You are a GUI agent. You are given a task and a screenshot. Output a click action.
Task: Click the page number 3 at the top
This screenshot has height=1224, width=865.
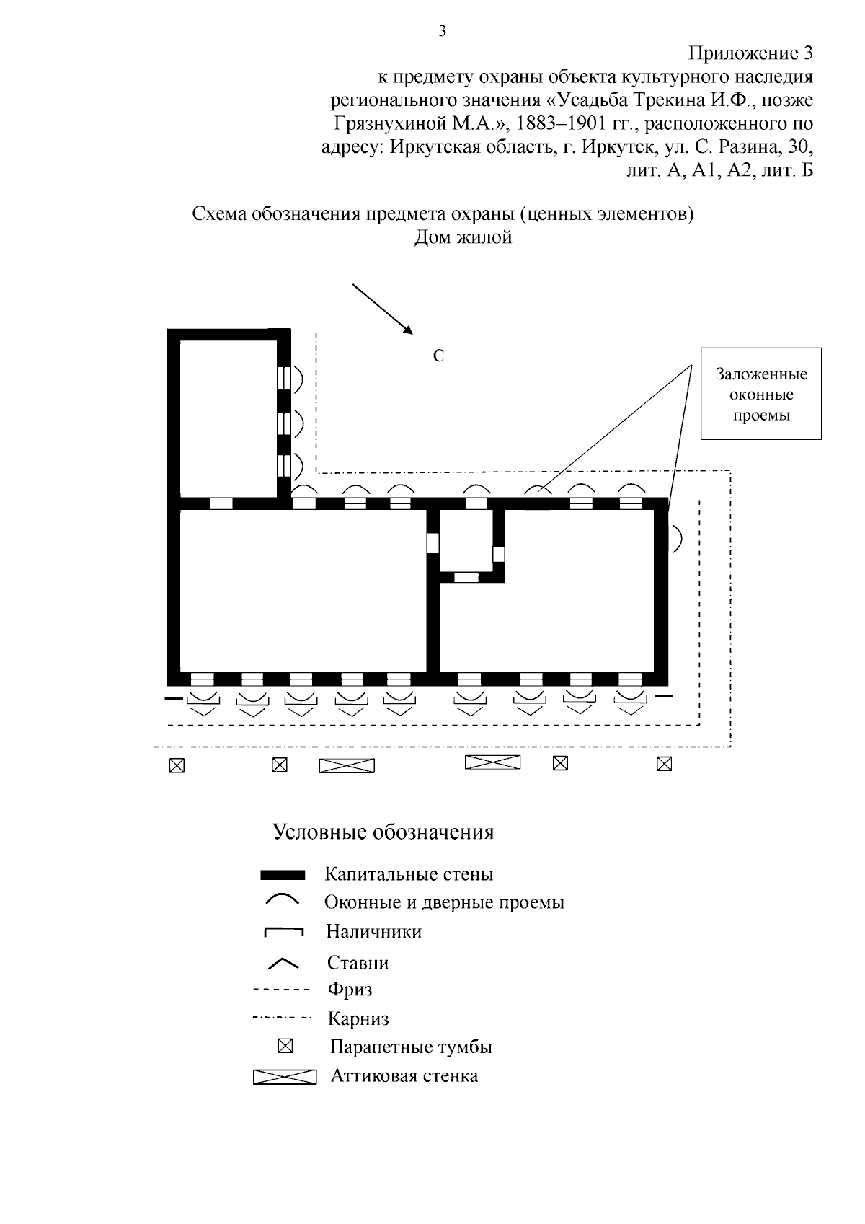pyautogui.click(x=443, y=30)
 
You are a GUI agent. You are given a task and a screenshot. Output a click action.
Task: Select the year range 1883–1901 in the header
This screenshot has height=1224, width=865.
pyautogui.click(x=561, y=124)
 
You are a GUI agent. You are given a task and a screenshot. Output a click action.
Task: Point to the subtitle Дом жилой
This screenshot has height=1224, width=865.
pyautogui.click(x=463, y=237)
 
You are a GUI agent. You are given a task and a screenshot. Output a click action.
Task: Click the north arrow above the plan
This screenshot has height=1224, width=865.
pyautogui.click(x=383, y=309)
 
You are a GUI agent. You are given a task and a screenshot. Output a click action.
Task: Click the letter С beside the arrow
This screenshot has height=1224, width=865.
pyautogui.click(x=438, y=356)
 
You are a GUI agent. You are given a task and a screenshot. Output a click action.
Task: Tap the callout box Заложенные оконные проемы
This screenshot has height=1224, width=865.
pyautogui.click(x=761, y=394)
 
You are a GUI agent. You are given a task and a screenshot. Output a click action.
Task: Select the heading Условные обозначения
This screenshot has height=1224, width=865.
pyautogui.click(x=383, y=832)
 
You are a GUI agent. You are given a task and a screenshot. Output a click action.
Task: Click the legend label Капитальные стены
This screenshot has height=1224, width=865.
pyautogui.click(x=409, y=874)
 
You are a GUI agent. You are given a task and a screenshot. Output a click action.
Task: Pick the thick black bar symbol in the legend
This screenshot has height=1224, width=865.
pyautogui.click(x=283, y=875)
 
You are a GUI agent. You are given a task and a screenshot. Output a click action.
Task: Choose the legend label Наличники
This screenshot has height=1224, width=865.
pyautogui.click(x=373, y=931)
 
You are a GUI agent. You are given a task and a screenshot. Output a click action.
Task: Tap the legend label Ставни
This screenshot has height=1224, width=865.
pyautogui.click(x=358, y=962)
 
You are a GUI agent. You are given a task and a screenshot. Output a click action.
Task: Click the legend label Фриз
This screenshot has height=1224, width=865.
pyautogui.click(x=350, y=989)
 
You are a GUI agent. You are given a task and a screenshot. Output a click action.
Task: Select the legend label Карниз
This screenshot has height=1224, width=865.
pyautogui.click(x=358, y=1018)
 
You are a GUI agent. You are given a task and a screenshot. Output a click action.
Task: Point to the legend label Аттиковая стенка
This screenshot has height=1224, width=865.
pyautogui.click(x=404, y=1076)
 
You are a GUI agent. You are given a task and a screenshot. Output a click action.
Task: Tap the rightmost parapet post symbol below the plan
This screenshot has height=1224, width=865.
pyautogui.click(x=665, y=763)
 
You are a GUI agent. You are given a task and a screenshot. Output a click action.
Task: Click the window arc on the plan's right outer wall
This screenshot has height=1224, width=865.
pyautogui.click(x=678, y=538)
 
